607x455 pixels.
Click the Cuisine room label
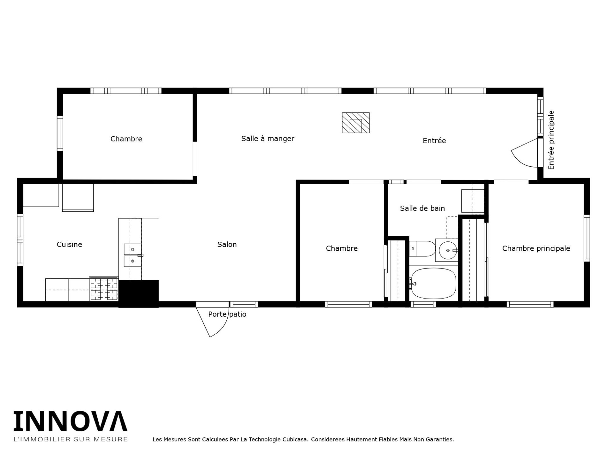69,244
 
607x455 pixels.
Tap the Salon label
227,244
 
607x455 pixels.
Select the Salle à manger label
268,138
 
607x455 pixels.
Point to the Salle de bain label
422,208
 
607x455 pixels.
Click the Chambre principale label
536,248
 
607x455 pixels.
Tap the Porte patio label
227,314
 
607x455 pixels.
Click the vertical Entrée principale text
551,140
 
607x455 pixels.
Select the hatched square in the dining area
356,123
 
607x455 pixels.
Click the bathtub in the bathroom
433,283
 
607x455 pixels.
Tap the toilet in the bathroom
422,249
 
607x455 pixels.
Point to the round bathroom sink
448,250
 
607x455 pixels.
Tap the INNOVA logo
71,421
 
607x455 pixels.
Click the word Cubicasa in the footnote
296,440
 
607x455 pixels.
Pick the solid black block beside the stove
138,294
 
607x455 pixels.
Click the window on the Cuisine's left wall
20,240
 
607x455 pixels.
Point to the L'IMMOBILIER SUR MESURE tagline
71,439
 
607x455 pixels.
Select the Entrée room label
434,141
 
